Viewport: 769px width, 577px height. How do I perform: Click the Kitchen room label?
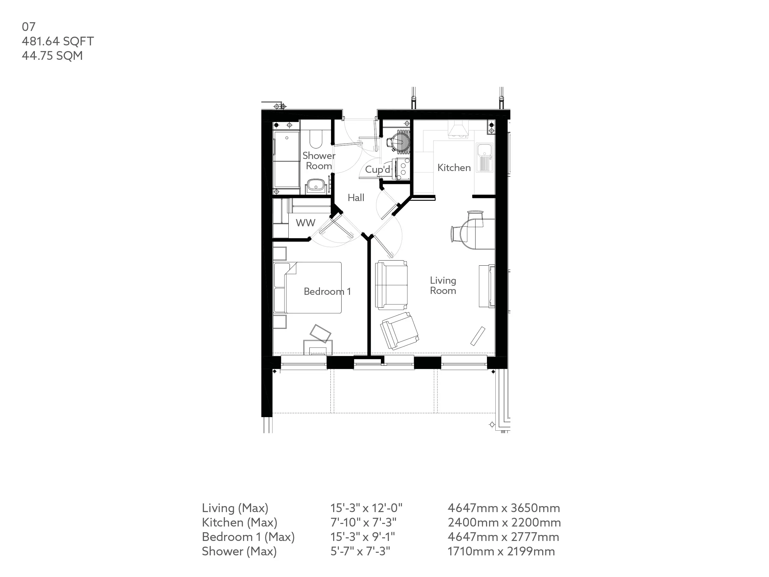coord(454,168)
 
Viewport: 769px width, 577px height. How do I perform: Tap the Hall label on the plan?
coord(356,197)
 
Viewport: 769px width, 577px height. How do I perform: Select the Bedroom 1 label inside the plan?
coord(327,292)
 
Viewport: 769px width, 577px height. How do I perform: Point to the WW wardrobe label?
coord(305,223)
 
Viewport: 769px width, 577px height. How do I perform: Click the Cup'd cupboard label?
coord(378,169)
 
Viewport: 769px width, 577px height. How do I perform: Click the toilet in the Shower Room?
coord(316,139)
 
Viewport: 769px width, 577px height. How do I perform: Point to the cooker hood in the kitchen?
coord(458,130)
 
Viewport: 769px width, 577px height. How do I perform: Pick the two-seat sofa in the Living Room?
coord(391,285)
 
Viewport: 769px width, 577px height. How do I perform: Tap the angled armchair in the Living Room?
coord(400,330)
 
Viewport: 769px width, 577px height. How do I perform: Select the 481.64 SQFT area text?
coord(58,41)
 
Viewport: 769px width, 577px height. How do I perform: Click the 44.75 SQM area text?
coord(52,56)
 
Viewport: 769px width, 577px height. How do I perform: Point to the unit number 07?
coord(29,27)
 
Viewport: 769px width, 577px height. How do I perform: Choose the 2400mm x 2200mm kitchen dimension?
coord(504,522)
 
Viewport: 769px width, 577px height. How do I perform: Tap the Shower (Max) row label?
coord(239,551)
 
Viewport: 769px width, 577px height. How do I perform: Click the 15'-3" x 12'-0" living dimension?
coord(366,508)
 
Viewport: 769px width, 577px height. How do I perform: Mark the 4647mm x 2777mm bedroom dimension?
coord(503,537)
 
